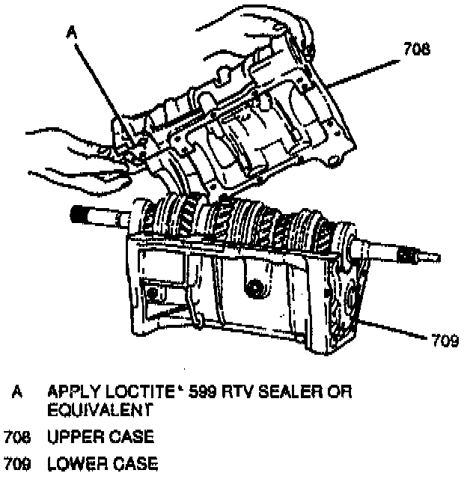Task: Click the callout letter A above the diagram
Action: click(71, 32)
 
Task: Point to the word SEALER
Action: click(286, 393)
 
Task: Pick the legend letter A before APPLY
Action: click(17, 393)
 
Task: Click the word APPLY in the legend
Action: click(71, 393)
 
